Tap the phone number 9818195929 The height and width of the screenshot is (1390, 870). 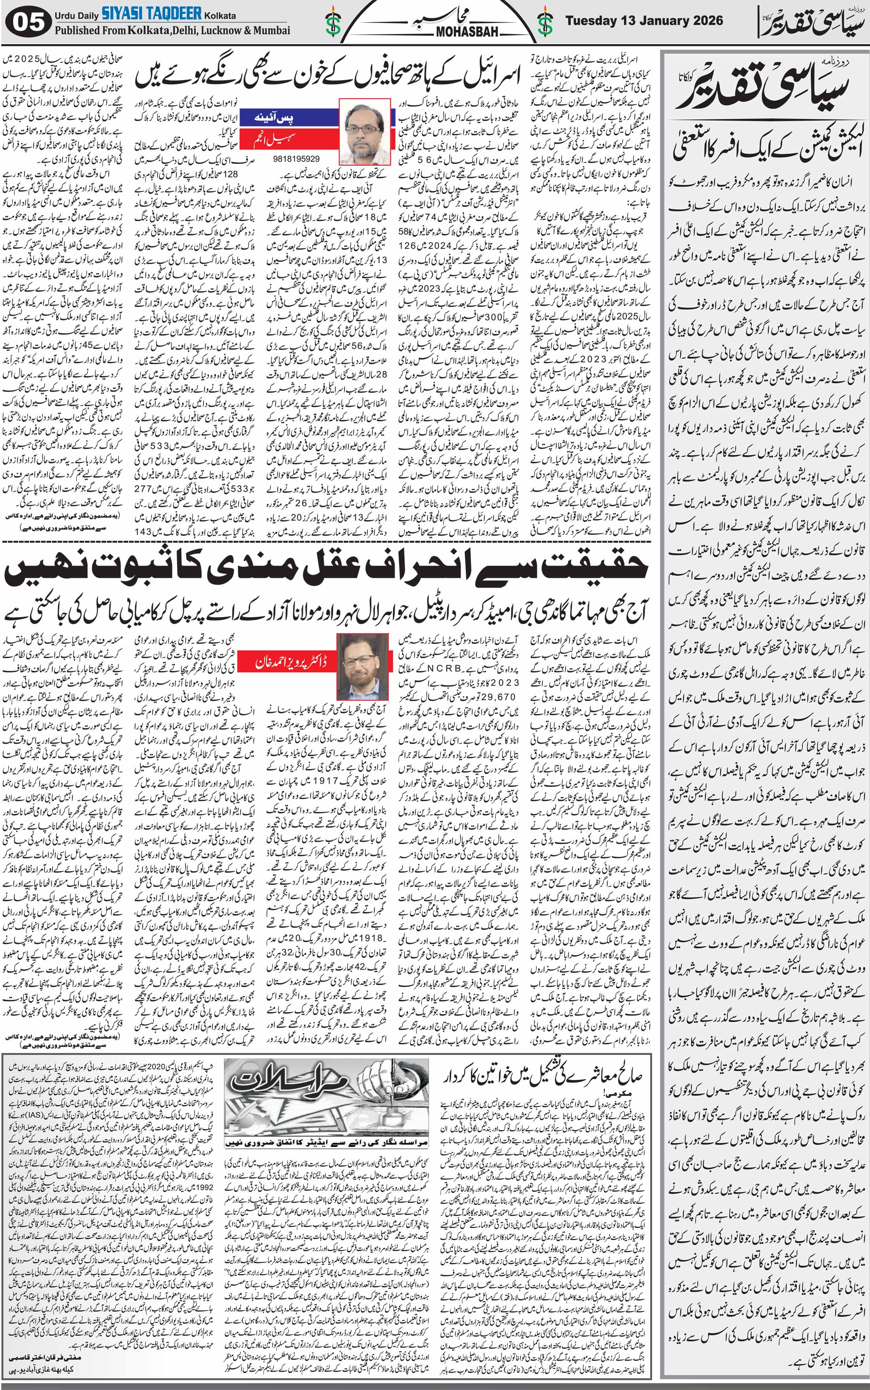pos(298,158)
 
